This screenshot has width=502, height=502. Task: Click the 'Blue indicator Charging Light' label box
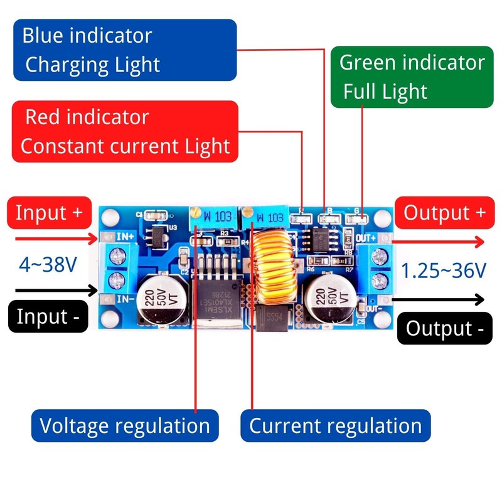tap(124, 50)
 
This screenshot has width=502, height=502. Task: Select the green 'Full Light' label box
tap(411, 77)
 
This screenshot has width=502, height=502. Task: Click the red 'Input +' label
tap(49, 212)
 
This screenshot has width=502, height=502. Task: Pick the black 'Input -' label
tap(48, 316)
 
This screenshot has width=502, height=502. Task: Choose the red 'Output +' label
tap(444, 212)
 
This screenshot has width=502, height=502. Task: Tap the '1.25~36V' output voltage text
tap(444, 270)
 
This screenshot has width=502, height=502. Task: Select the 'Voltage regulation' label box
tap(124, 426)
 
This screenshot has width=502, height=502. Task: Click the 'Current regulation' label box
tap(336, 426)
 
